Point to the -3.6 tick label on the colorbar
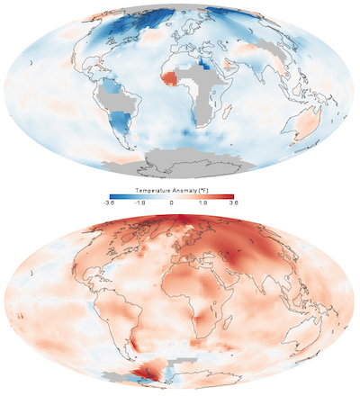[110, 204]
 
